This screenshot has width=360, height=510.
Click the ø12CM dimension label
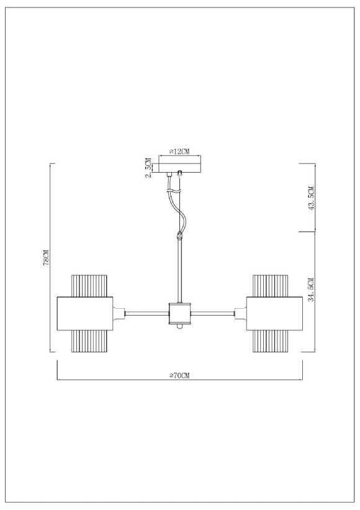(179, 152)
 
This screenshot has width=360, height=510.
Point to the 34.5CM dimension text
(312, 289)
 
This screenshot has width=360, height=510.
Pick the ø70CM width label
(179, 376)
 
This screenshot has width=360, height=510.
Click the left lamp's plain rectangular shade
(84, 314)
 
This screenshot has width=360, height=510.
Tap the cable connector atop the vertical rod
(180, 236)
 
